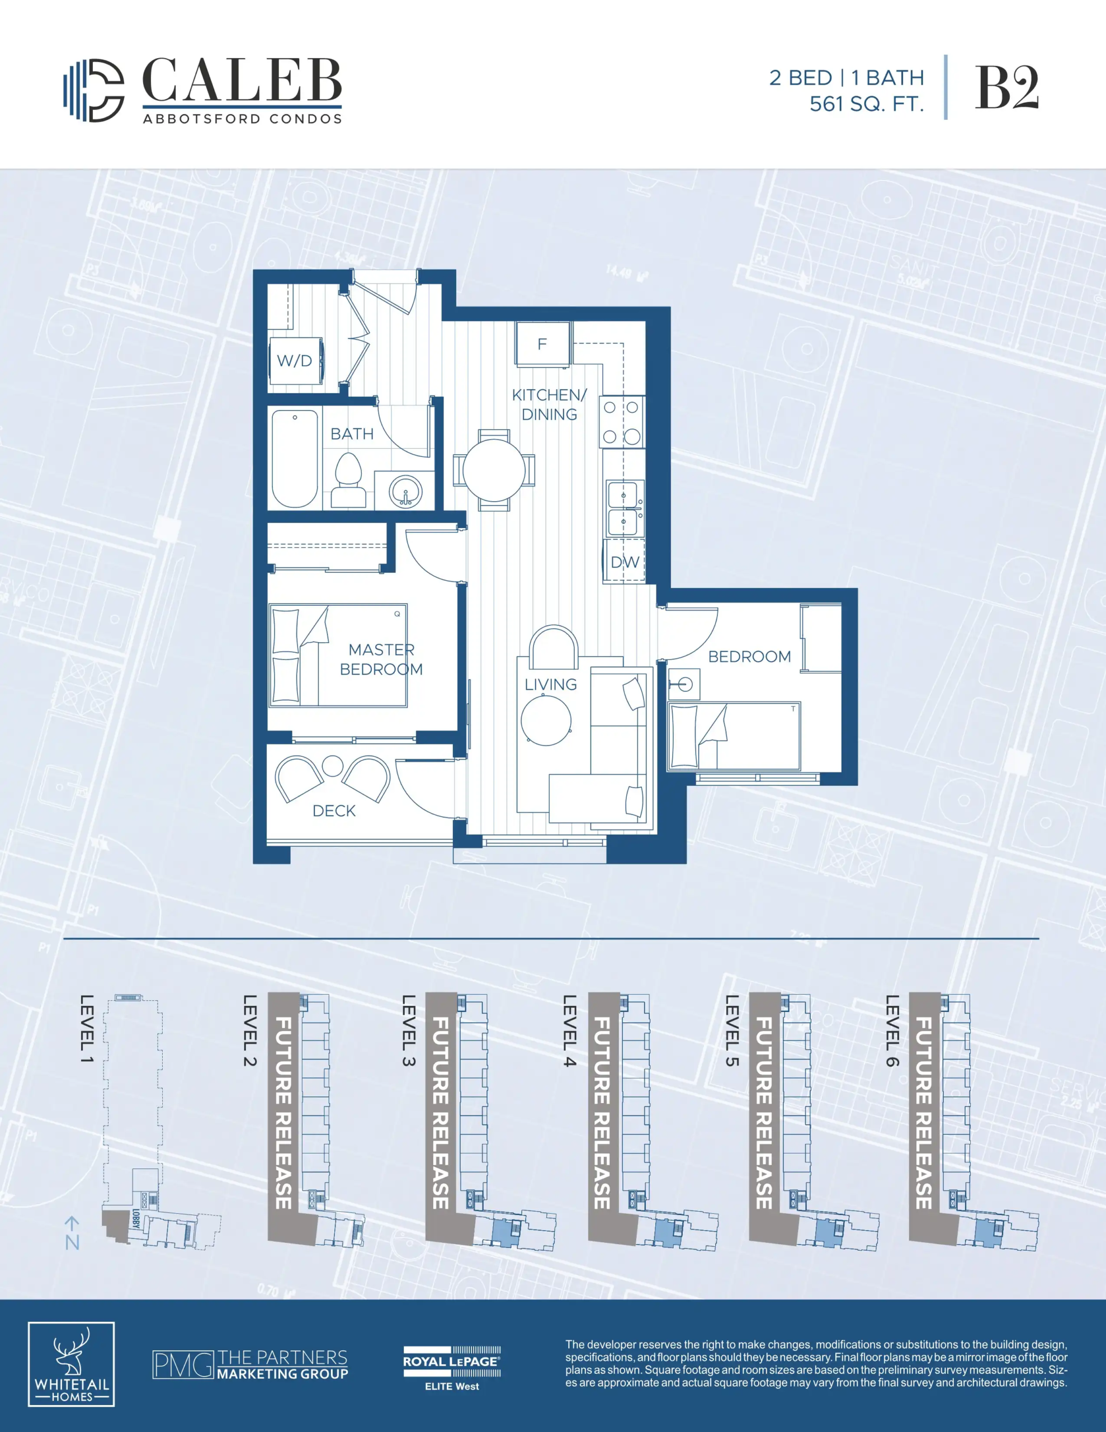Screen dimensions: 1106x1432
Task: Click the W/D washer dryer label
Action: (294, 361)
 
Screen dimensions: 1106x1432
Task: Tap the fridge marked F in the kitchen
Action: (543, 343)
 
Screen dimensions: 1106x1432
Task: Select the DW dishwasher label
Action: (625, 562)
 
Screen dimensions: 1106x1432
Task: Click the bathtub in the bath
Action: (295, 458)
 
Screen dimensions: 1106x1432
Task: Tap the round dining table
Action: (494, 470)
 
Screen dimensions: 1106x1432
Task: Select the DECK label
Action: (334, 811)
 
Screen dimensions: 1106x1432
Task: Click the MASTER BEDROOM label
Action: (381, 660)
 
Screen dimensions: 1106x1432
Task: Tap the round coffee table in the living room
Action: (546, 720)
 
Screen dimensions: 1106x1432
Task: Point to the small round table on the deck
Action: (333, 766)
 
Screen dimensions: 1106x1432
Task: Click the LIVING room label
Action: (551, 685)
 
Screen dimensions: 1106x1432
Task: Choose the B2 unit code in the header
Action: (1006, 88)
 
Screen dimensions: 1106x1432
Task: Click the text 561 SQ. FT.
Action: (867, 104)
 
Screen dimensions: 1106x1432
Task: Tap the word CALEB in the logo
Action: (242, 81)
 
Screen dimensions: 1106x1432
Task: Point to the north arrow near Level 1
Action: (72, 1233)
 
